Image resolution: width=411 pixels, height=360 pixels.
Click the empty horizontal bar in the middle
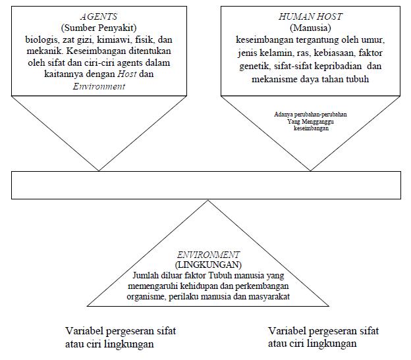206,185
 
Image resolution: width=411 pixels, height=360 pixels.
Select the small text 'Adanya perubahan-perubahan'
312,115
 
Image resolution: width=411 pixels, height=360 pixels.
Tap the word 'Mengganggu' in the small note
323,122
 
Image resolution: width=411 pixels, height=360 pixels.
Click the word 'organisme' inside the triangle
146,297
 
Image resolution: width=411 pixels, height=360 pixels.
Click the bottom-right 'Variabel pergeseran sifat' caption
324,330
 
